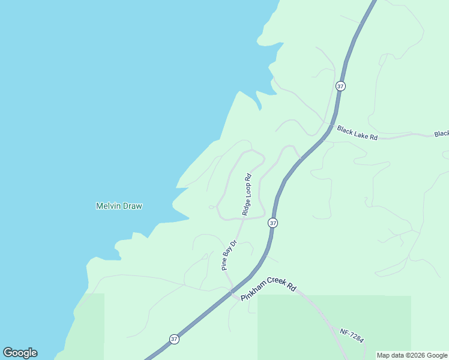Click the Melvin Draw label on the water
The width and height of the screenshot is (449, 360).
pos(119,206)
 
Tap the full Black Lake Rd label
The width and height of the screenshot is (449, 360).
pos(357,133)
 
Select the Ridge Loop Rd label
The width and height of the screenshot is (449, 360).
pos(247,194)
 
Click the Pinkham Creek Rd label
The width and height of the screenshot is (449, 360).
pos(268,292)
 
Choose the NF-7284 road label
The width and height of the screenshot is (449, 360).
pos(351,335)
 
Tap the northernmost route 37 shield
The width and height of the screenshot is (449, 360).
pos(340,86)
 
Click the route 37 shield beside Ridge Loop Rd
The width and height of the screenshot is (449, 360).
pos(273,223)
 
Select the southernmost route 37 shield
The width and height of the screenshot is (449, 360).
pos(173,339)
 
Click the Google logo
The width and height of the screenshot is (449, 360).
pos(20,353)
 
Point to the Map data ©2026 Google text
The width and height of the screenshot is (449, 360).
pos(412,355)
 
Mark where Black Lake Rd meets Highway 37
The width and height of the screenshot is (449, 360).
pos(330,125)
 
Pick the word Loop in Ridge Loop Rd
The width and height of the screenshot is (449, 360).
pos(247,194)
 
